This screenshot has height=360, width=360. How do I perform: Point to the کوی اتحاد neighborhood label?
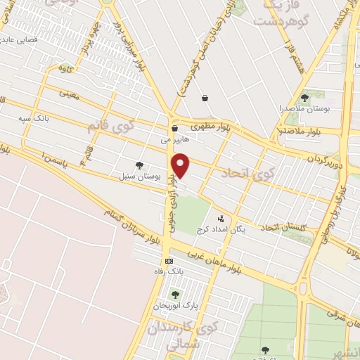point(238,172)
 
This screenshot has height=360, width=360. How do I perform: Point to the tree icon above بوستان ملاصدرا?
point(304,98)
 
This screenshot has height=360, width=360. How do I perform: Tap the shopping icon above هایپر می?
point(174,128)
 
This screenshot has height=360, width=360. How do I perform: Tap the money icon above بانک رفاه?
point(168,260)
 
